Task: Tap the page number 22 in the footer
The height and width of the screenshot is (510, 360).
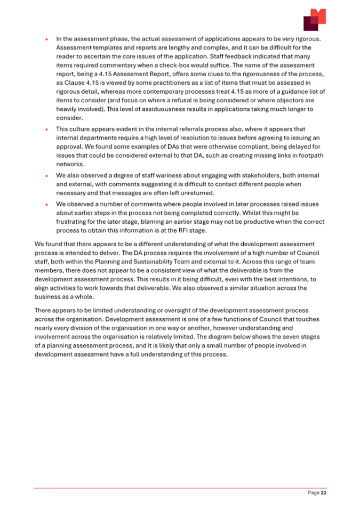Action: pyautogui.click(x=323, y=493)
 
